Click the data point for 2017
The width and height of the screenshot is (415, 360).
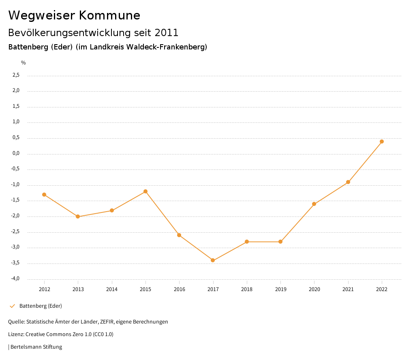point(213,260)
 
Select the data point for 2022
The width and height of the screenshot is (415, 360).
point(382,141)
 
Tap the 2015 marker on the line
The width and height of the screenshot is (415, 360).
point(145,191)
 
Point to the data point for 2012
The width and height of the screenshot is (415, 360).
point(44,195)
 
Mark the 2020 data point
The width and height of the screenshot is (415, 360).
point(314,204)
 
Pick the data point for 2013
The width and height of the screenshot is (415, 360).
point(78,216)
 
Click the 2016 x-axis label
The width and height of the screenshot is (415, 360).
point(179,289)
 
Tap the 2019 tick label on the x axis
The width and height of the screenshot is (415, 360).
point(280,289)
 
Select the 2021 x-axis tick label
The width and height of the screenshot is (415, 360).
point(348,289)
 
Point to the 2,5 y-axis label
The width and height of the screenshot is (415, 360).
point(16,75)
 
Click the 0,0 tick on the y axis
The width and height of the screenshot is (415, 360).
point(16,154)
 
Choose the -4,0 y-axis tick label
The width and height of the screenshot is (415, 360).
point(15,279)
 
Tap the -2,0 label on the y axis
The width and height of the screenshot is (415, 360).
point(15,216)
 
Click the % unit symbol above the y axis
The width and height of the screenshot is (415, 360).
point(24,63)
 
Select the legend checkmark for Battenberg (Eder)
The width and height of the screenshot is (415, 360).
point(12,306)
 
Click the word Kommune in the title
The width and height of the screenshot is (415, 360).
point(109,15)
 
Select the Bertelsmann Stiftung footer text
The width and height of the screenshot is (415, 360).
point(36,347)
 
